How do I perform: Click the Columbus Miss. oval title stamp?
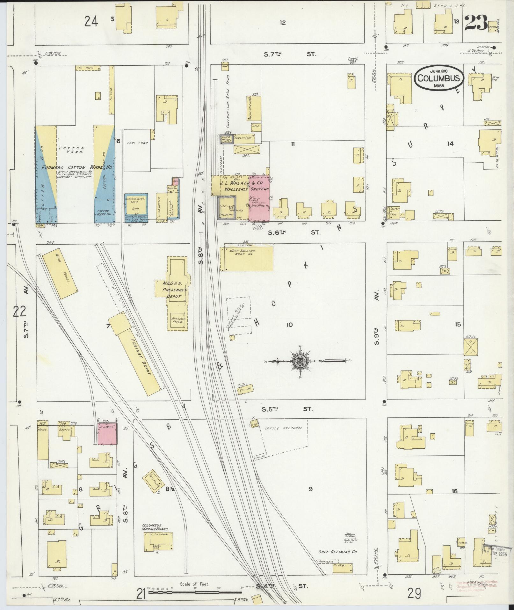point(438,78)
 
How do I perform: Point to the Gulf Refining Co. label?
point(334,552)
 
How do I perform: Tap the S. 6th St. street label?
point(293,233)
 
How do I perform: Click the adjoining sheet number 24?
point(91,22)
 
